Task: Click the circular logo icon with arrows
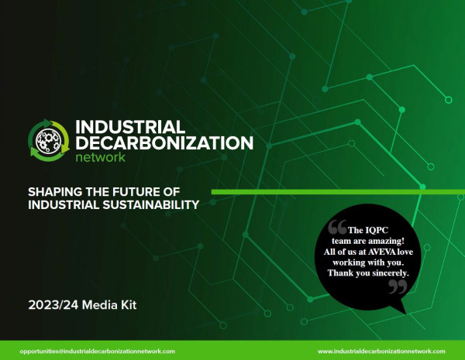tap(48, 139)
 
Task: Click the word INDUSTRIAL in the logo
tap(129, 126)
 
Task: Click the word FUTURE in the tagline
tap(139, 191)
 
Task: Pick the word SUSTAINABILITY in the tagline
tap(151, 205)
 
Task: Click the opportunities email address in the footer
tap(98, 351)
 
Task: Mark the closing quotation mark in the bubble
tap(397, 288)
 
